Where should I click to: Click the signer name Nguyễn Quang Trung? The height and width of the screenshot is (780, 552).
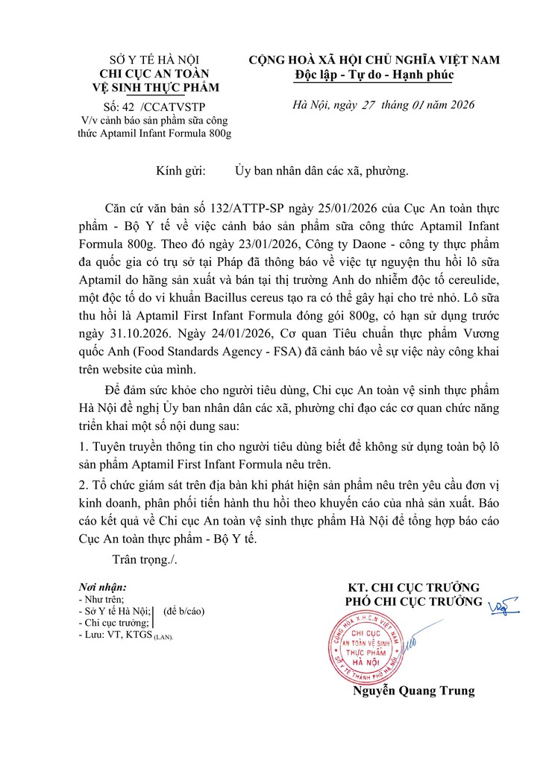click(413, 691)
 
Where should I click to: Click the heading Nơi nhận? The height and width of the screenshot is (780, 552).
click(102, 588)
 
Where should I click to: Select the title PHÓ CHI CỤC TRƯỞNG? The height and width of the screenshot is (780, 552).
click(413, 601)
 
